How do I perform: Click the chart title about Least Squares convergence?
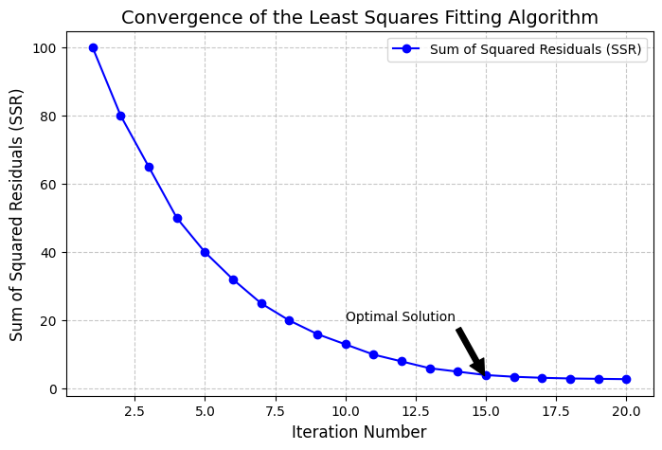pos(360,17)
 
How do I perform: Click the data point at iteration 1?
pos(93,47)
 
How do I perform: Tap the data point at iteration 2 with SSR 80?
pos(120,116)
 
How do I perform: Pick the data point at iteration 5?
pos(205,252)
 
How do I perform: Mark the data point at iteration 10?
pos(346,344)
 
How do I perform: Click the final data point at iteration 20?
pos(626,379)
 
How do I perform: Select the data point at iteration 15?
pos(486,375)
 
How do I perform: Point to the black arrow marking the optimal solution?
pos(471,351)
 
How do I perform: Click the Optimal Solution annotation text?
pos(400,317)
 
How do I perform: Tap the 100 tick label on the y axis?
pos(45,48)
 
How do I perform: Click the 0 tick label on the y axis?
pos(53,389)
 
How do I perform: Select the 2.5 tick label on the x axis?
pos(134,412)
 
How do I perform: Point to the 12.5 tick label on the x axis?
pos(416,412)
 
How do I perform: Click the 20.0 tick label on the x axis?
pos(626,412)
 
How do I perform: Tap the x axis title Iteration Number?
pos(359,433)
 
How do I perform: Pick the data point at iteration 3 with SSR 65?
pos(149,167)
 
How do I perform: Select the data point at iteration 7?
pos(261,303)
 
